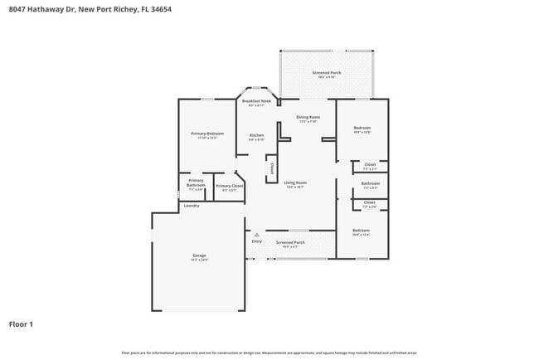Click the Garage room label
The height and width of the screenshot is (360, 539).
coord(200,255)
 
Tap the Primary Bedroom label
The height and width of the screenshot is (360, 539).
coord(207,134)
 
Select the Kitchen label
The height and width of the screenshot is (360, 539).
coord(257,135)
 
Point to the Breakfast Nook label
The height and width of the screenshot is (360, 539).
coord(256,101)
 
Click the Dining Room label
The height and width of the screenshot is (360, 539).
coord(308,117)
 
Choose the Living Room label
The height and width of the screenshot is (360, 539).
coord(295,182)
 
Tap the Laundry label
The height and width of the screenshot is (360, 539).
coord(192,206)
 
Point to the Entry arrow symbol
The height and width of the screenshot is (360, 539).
coord(257,235)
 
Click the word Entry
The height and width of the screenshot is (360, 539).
coord(257,241)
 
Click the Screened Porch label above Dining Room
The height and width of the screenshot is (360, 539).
coord(327,73)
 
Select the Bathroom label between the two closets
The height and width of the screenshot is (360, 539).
coord(371,183)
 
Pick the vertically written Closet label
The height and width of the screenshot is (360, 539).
coord(271,169)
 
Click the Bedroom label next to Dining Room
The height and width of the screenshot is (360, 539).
coord(362,128)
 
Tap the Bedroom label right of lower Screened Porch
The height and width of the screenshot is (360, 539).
coord(361,230)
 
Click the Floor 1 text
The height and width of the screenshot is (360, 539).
coord(21,324)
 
